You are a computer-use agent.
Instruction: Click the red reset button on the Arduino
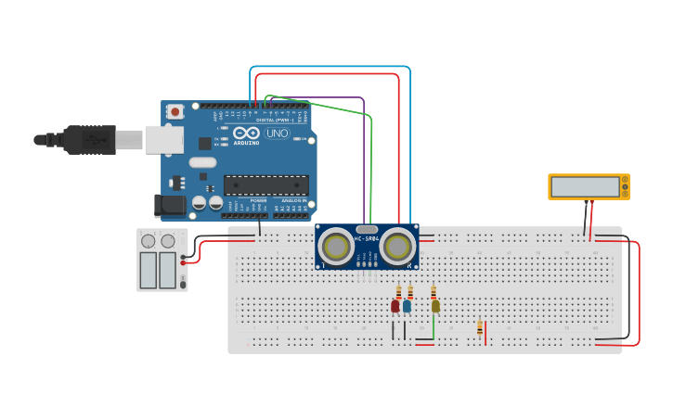[x=175, y=111]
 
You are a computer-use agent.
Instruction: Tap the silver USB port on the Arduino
[x=164, y=139]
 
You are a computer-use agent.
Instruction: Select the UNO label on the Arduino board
[x=278, y=134]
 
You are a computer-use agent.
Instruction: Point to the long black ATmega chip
[x=265, y=185]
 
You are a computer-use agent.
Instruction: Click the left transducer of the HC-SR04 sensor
[x=335, y=247]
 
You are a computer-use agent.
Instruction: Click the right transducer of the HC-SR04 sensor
[x=397, y=247]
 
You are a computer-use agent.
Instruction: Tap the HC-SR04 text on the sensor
[x=367, y=239]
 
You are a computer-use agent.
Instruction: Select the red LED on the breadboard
[x=395, y=305]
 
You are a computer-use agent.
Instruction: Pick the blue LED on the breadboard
[x=407, y=305]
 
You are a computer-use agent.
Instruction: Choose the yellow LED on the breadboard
[x=435, y=305]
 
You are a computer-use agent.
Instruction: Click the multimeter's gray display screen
[x=586, y=187]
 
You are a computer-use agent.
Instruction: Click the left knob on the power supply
[x=149, y=242]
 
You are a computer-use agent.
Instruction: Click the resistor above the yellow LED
[x=434, y=292]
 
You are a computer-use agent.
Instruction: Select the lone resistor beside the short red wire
[x=480, y=327]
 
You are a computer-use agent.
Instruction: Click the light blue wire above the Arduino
[x=330, y=67]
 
